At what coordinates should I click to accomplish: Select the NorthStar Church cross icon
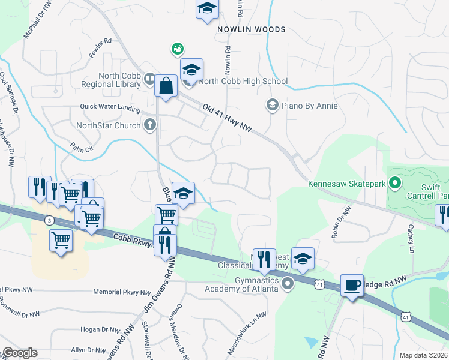[150, 125]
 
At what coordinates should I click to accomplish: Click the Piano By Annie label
[310, 106]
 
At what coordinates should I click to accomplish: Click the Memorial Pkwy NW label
[122, 292]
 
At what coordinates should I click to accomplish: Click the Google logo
[19, 353]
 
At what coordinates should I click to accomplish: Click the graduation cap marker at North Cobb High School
[191, 69]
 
